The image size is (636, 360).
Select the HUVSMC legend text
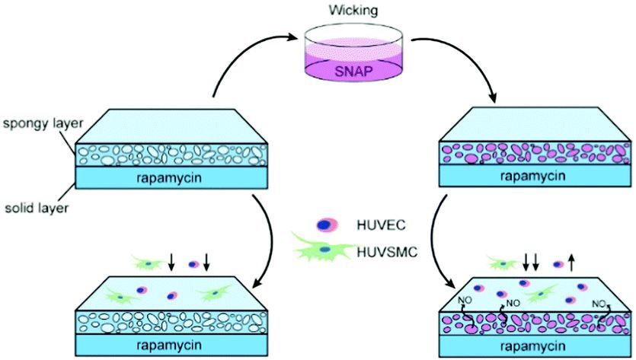[386, 248]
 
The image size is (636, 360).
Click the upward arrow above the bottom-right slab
[571, 264]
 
